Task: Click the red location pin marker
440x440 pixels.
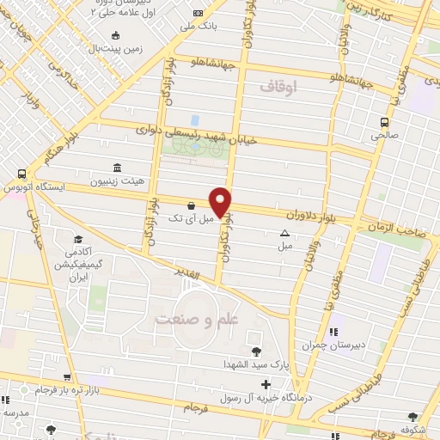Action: click(x=222, y=201)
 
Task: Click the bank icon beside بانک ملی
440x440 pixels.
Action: click(x=199, y=13)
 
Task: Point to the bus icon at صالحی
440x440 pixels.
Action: click(x=385, y=121)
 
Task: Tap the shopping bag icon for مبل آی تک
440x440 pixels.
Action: click(x=191, y=206)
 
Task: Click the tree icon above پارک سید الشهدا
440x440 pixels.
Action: click(x=256, y=351)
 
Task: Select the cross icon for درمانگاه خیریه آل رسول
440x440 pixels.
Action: click(x=266, y=383)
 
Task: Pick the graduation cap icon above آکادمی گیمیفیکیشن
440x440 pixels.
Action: click(x=78, y=239)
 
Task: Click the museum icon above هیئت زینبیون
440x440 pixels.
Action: click(x=117, y=168)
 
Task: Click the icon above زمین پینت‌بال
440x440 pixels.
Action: click(x=116, y=36)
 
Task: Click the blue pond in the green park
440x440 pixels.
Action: click(x=195, y=121)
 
